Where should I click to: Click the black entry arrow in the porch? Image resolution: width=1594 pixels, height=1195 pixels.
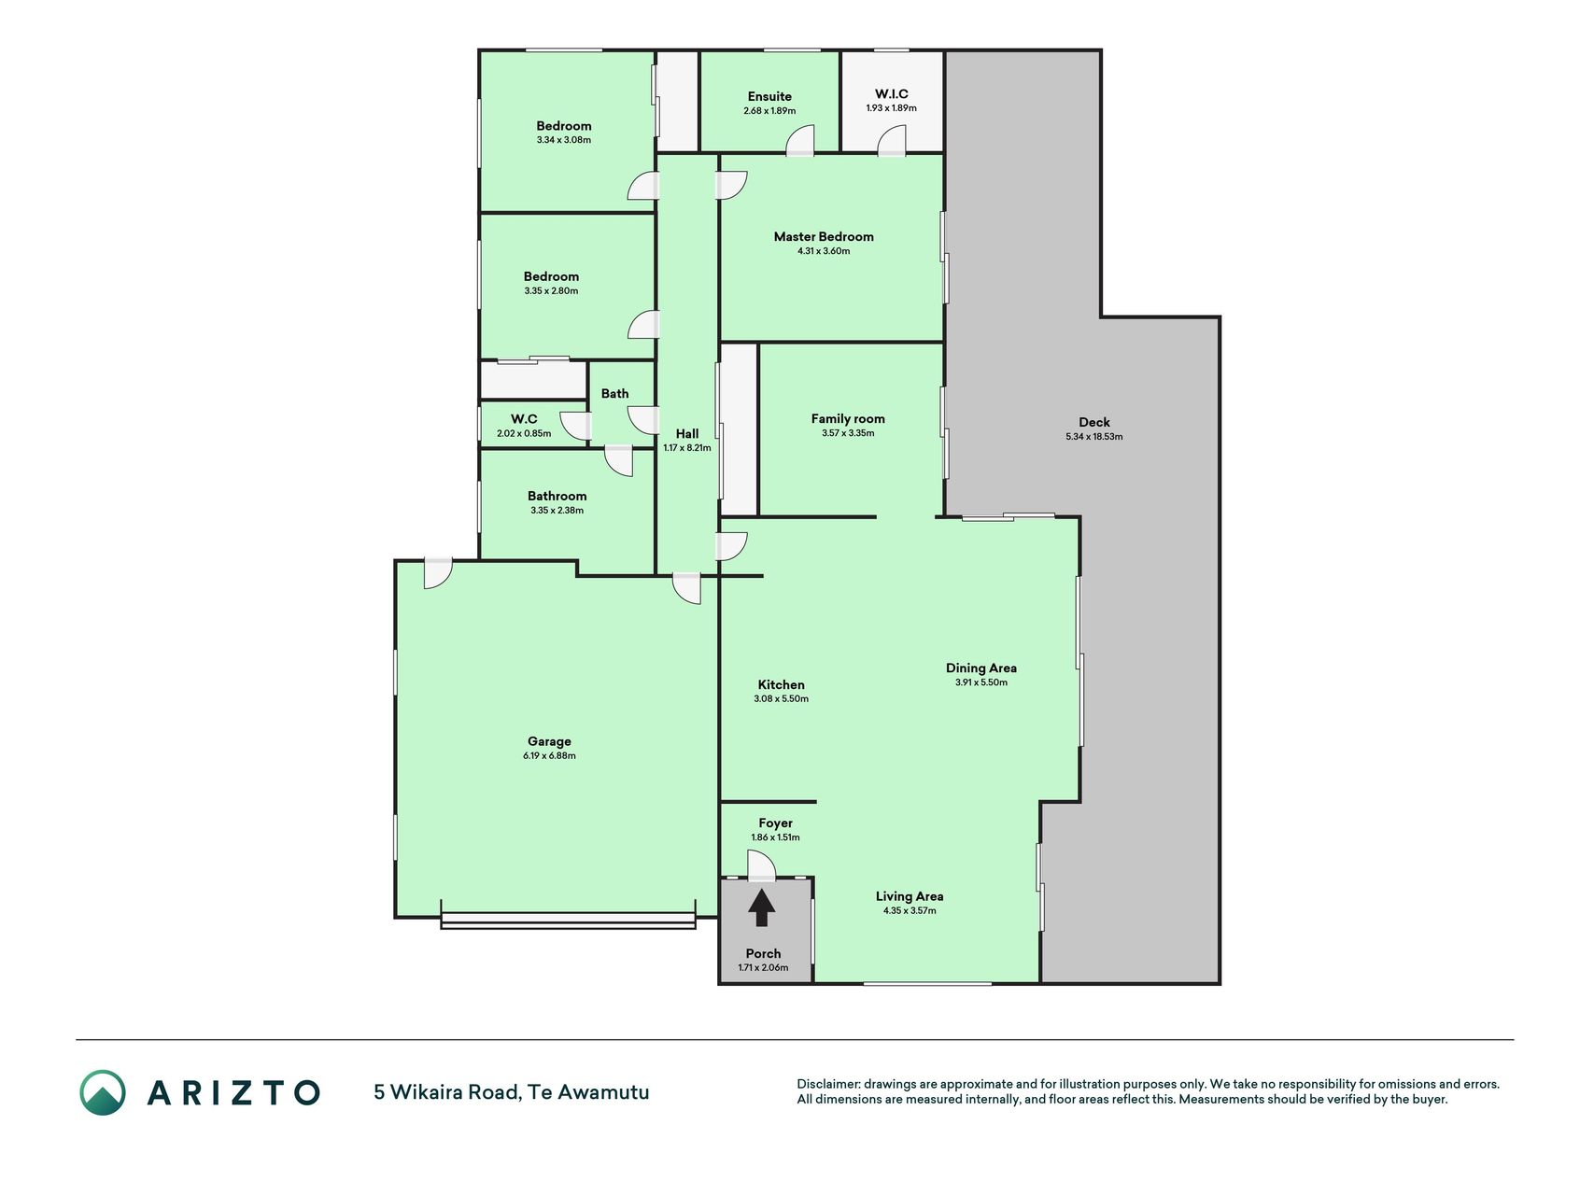click(x=762, y=907)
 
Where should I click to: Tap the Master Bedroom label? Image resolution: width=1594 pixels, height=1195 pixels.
click(x=824, y=237)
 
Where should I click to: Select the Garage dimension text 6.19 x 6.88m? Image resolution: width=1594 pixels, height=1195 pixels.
click(x=549, y=756)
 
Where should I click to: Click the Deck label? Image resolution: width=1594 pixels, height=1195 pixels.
click(x=1094, y=422)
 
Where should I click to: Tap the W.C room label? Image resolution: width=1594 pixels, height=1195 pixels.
click(x=524, y=419)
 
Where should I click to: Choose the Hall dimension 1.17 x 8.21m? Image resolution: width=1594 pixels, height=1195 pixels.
click(x=687, y=448)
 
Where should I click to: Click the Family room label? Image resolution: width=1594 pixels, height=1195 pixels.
click(x=848, y=419)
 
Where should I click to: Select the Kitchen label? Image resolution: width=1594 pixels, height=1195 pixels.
click(x=782, y=684)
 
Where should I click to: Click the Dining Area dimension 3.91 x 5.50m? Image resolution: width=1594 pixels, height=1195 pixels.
click(x=981, y=682)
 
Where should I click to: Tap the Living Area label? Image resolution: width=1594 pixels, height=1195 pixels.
click(x=910, y=896)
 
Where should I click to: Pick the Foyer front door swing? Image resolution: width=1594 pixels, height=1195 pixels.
click(x=762, y=866)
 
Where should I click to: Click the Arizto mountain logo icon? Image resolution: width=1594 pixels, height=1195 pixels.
click(x=103, y=1092)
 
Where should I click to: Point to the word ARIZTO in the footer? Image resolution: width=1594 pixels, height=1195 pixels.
click(x=233, y=1092)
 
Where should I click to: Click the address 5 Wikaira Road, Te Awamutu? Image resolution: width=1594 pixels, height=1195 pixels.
click(x=512, y=1092)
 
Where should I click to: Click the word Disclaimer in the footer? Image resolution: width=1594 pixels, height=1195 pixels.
click(x=827, y=1084)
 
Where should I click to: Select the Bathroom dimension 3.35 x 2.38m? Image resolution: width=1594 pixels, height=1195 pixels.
click(x=557, y=511)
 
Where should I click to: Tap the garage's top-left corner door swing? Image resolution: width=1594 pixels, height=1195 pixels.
click(x=437, y=573)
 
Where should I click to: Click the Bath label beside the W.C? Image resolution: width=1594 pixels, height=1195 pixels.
click(x=614, y=394)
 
